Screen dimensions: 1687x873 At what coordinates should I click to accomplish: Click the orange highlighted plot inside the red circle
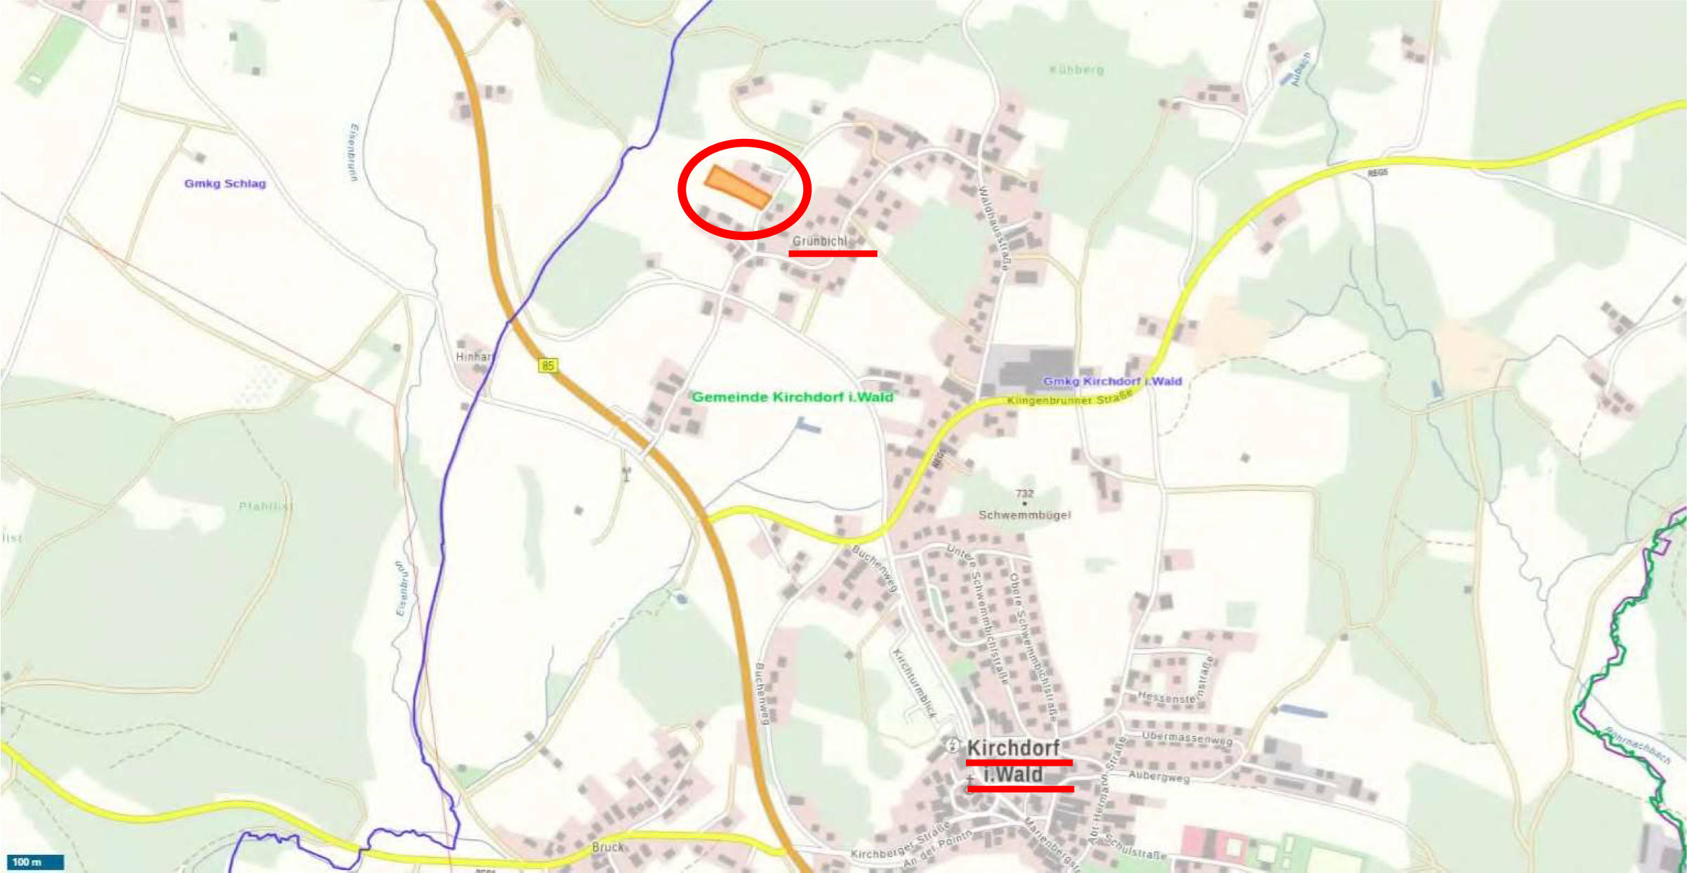click(737, 187)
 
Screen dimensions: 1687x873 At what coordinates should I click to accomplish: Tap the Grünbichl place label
click(819, 241)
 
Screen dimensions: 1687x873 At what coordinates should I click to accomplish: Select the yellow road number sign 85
click(548, 365)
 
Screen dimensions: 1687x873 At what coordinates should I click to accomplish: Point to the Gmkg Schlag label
click(225, 184)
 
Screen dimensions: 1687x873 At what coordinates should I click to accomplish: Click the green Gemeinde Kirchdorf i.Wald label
click(792, 397)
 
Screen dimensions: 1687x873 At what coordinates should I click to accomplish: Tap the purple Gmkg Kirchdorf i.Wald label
click(1112, 381)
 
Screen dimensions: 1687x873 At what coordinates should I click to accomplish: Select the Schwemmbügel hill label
click(1024, 515)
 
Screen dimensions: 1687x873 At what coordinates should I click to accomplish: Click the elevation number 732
click(1024, 493)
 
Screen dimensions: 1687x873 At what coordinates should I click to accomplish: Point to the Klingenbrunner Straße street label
click(1069, 399)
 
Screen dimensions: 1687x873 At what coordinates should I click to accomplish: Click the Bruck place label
click(607, 847)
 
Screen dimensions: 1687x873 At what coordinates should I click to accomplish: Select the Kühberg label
click(1076, 70)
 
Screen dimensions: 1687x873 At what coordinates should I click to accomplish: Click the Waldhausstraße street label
click(994, 228)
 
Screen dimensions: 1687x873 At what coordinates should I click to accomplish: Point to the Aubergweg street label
click(1158, 777)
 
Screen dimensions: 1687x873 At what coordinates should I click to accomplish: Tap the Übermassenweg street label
click(1186, 738)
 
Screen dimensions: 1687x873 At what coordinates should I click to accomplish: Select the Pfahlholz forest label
click(265, 506)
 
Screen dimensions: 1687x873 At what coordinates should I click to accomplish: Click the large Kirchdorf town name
click(1013, 748)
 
